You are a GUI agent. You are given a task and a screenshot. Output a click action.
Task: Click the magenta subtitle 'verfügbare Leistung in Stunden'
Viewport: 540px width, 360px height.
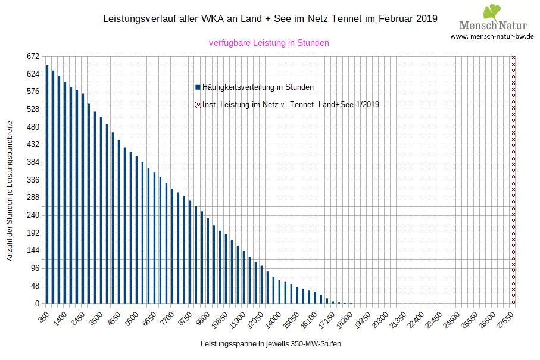pyautogui.click(x=269, y=43)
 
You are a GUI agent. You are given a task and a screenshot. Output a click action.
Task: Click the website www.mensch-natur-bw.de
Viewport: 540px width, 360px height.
pyautogui.click(x=492, y=36)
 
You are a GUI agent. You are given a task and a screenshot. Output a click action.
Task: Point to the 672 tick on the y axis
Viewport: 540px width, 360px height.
pyautogui.click(x=33, y=57)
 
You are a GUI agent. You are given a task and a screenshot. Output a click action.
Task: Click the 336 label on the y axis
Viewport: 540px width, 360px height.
pyautogui.click(x=33, y=180)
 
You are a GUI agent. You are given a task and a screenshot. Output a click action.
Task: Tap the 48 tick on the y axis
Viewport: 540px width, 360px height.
pyautogui.click(x=35, y=286)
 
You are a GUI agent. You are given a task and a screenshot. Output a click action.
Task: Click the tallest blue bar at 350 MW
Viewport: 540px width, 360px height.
pyautogui.click(x=47, y=184)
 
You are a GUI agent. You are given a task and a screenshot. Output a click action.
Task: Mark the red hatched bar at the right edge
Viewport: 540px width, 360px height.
pyautogui.click(x=513, y=179)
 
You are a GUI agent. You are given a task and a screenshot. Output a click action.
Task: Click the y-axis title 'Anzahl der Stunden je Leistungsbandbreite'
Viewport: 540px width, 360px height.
pyautogui.click(x=10, y=180)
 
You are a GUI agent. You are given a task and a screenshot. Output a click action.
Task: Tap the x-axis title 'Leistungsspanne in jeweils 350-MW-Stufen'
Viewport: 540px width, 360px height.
pyautogui.click(x=271, y=344)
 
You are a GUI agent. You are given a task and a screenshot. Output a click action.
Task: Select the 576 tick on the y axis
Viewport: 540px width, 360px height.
pyautogui.click(x=33, y=92)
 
